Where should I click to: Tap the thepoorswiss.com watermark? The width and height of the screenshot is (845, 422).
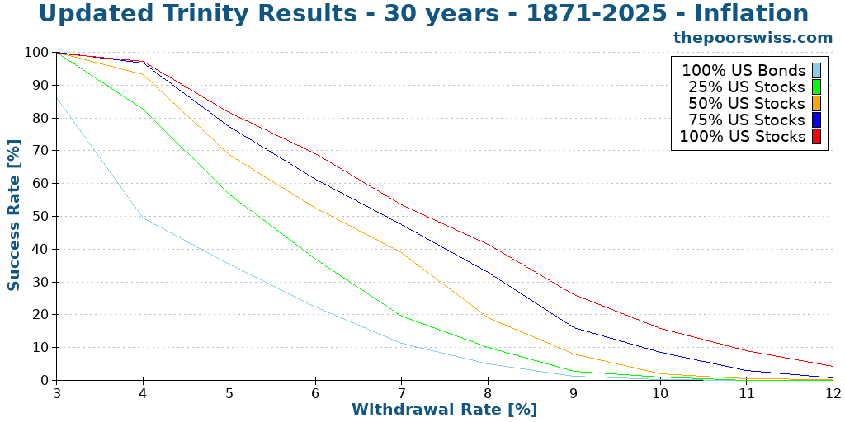click(x=753, y=38)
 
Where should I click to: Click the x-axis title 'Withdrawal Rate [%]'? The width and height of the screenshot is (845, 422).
click(x=444, y=409)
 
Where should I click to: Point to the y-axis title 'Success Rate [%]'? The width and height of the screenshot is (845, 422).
click(x=14, y=216)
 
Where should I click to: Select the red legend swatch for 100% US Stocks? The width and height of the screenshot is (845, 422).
click(x=816, y=137)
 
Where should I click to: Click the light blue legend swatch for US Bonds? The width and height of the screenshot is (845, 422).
click(x=816, y=71)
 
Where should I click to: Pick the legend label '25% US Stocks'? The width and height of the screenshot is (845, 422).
click(x=746, y=87)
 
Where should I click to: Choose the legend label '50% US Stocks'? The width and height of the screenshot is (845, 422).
click(x=746, y=104)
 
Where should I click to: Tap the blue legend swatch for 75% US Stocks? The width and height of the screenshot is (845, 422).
click(x=816, y=120)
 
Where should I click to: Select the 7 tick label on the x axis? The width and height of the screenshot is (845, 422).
click(x=401, y=393)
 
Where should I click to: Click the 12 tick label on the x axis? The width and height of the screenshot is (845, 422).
click(x=833, y=393)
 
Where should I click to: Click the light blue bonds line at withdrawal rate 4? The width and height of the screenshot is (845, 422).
click(x=143, y=218)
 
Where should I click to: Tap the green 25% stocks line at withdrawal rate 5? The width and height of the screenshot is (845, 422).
click(x=229, y=195)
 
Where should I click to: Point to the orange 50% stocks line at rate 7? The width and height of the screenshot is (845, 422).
click(x=401, y=252)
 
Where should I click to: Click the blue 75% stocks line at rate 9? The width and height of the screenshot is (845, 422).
click(x=574, y=327)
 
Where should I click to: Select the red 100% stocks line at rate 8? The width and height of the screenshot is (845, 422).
click(x=488, y=244)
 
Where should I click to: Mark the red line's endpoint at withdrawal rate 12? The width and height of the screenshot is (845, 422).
click(x=833, y=366)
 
